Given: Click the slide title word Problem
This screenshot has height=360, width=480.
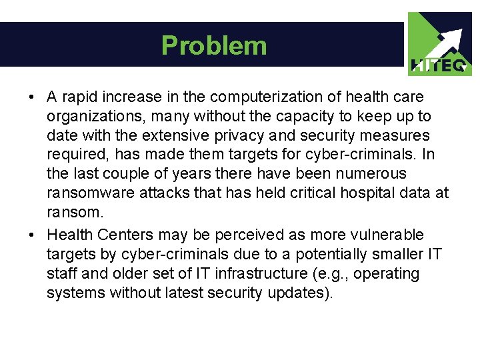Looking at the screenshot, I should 214,45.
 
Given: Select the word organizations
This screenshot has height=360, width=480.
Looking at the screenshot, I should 89,117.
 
